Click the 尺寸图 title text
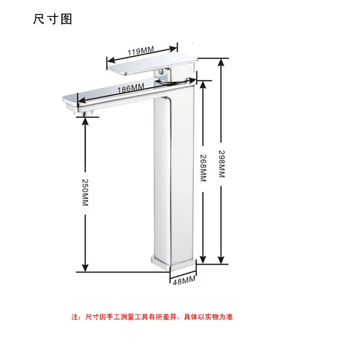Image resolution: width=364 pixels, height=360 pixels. [52, 19]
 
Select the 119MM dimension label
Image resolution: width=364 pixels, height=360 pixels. [141, 51]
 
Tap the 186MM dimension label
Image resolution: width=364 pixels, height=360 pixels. [131, 88]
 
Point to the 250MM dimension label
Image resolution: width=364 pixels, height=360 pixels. [85, 192]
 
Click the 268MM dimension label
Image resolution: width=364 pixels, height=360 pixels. [203, 168]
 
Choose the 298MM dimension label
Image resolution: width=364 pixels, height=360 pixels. [222, 164]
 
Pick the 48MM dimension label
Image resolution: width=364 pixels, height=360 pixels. [184, 281]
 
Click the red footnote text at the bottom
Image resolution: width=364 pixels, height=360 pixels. [152, 317]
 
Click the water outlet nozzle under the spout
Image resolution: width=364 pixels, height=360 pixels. [83, 113]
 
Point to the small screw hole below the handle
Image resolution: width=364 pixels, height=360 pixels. [160, 72]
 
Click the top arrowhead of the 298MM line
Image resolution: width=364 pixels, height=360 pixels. [221, 62]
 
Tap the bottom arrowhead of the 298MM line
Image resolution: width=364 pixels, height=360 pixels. [221, 260]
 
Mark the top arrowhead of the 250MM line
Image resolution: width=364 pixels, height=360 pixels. [85, 121]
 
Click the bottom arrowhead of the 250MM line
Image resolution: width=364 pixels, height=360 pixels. [85, 268]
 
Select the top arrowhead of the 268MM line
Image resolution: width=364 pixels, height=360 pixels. [203, 85]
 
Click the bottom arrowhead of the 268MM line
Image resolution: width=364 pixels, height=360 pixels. [203, 260]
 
